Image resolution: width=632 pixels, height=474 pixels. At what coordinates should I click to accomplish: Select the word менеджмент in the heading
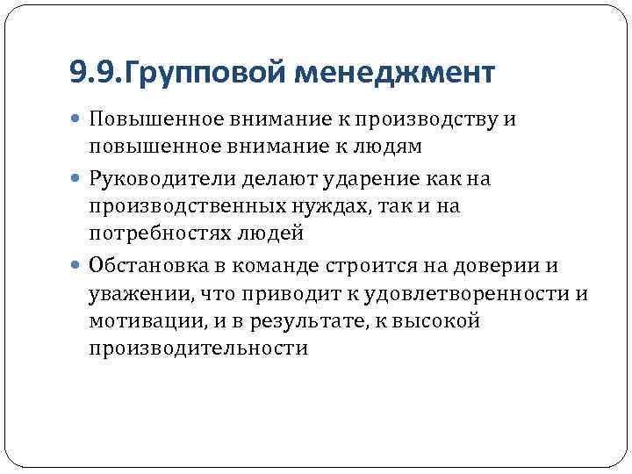coord(394,72)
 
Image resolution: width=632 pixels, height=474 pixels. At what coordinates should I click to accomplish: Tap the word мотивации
coord(145,320)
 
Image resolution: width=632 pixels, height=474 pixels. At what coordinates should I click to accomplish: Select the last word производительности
coord(198,348)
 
